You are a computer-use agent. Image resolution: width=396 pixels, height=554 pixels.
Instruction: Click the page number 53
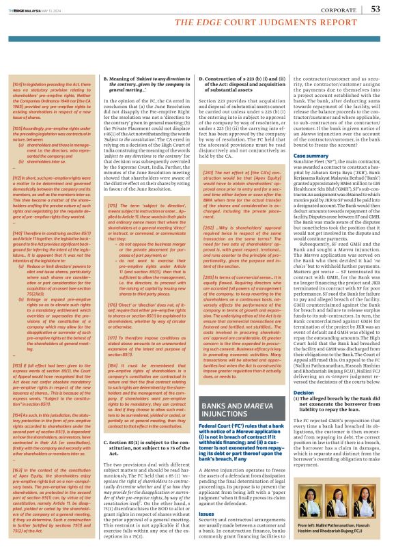[376, 9]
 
